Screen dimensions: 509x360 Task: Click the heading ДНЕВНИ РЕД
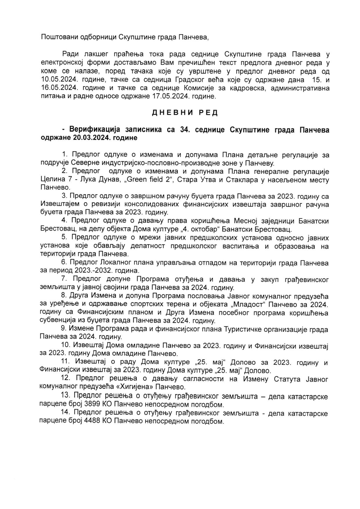(x=185, y=113)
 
